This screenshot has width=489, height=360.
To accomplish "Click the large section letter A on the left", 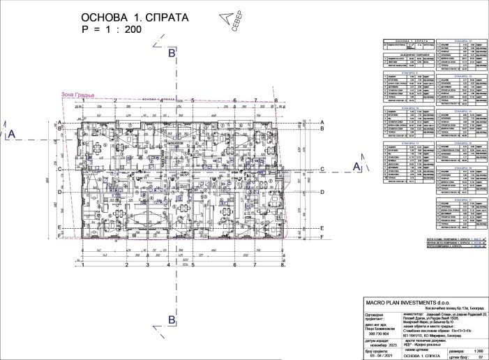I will [x=11, y=131].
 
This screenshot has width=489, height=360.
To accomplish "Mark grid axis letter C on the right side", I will [x=322, y=169].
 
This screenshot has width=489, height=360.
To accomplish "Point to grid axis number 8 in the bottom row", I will [x=276, y=265].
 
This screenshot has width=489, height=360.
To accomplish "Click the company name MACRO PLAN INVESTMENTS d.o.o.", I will [x=412, y=301].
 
